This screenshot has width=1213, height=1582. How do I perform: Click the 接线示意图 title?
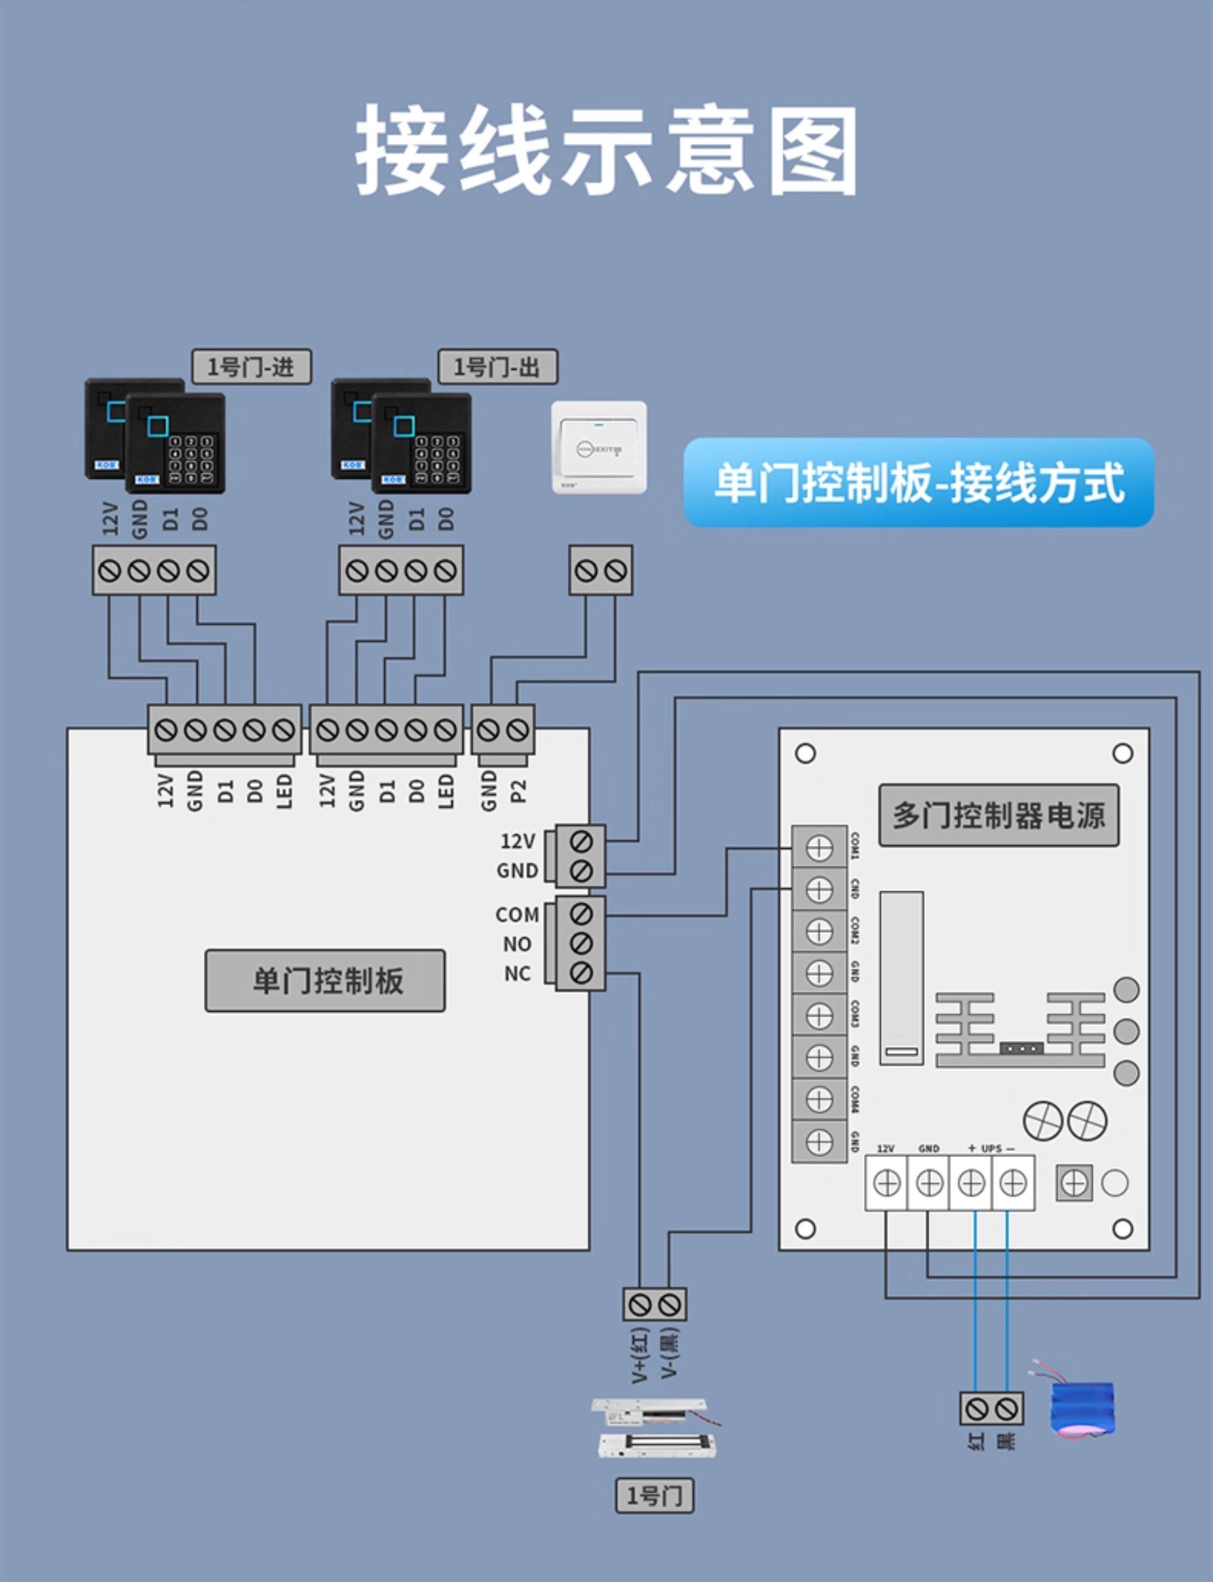click(x=606, y=150)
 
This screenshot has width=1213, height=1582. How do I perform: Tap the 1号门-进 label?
click(x=251, y=367)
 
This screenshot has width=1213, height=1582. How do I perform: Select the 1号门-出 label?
click(x=497, y=367)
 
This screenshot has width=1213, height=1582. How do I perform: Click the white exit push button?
click(x=599, y=448)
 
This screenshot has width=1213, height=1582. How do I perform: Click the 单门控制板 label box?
click(x=325, y=980)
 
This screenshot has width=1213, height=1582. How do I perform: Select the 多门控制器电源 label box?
click(x=999, y=815)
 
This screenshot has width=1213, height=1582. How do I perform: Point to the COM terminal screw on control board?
click(x=581, y=914)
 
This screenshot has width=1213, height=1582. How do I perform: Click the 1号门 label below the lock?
click(x=654, y=1495)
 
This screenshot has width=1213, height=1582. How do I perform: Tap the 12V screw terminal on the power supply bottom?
click(x=886, y=1183)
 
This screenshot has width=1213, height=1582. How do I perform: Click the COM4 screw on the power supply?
click(x=819, y=1099)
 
